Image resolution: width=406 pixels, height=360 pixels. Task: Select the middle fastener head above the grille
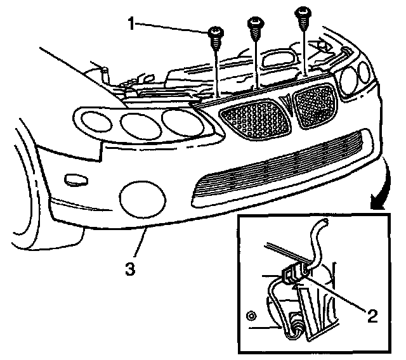[x=256, y=23]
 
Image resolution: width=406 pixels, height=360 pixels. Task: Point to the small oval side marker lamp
[x=76, y=179]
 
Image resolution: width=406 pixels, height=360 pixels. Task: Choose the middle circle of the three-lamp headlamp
[x=137, y=123]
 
